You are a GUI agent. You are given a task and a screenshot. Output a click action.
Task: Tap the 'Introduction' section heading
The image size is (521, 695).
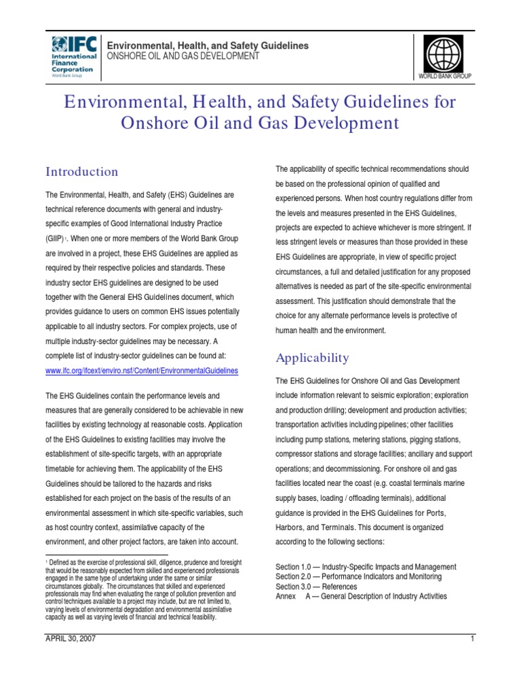[x=81, y=171]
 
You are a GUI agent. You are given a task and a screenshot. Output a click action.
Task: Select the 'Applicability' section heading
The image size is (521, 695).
[x=312, y=357]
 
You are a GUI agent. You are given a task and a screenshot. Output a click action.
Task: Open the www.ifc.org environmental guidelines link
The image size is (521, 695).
[x=142, y=371]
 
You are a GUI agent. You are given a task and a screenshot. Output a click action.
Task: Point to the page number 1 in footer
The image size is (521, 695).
[x=471, y=639]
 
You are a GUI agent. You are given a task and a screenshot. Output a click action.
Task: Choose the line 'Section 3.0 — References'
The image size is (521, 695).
[x=316, y=586]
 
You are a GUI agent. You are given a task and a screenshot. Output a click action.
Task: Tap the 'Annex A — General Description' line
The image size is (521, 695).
[x=362, y=596]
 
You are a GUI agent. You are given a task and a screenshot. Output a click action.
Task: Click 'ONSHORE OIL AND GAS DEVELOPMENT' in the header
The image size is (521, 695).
[x=182, y=56]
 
